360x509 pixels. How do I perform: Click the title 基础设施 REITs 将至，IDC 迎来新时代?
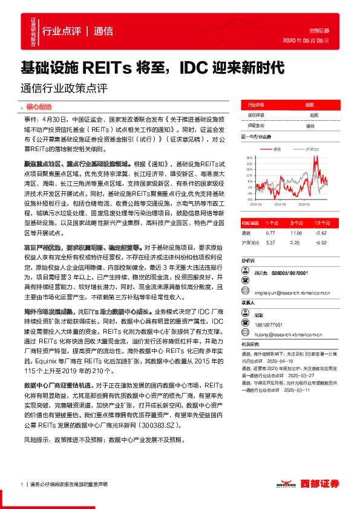pyautogui.click(x=152, y=68)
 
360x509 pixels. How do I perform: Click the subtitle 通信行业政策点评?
pyautogui.click(x=64, y=88)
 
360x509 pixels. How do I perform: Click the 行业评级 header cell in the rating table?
pyautogui.click(x=255, y=104)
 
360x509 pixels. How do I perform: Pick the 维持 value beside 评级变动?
pyautogui.click(x=310, y=125)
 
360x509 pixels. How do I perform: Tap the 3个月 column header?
pyautogui.click(x=296, y=223)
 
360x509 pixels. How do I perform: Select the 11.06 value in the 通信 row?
pyautogui.click(x=296, y=232)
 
